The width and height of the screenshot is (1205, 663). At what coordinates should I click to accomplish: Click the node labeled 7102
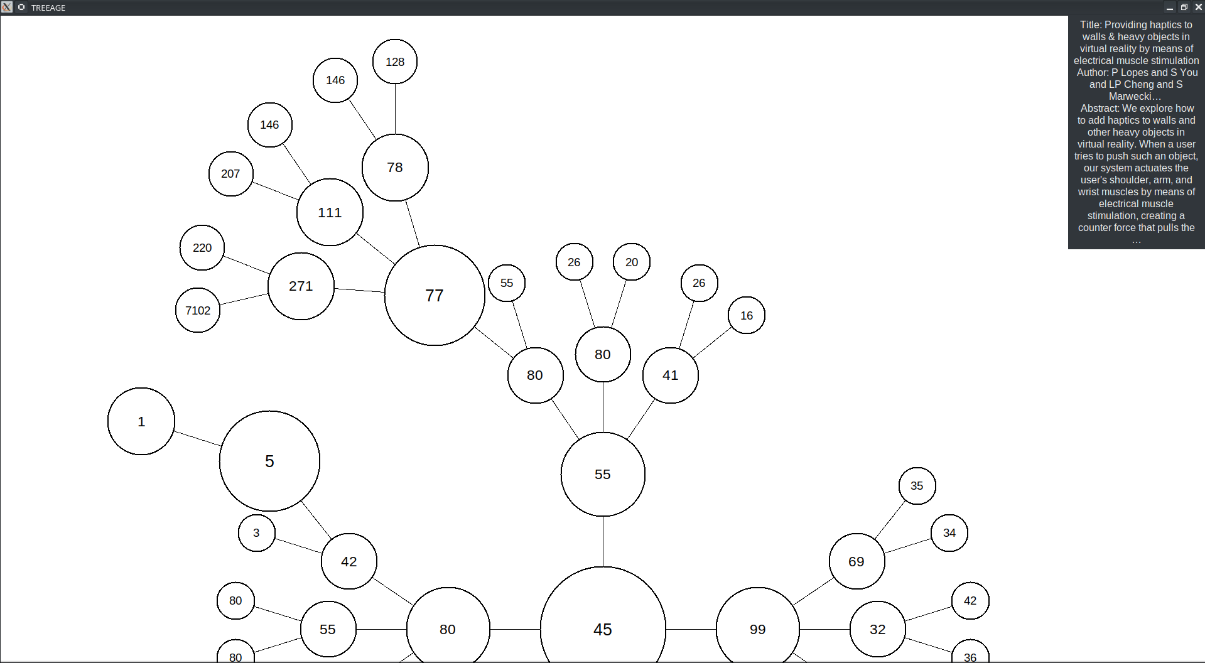(x=198, y=310)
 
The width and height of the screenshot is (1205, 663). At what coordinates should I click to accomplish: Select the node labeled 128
(x=395, y=62)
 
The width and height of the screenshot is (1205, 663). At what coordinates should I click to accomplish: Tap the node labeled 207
(x=230, y=174)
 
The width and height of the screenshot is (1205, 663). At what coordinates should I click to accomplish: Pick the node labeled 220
(x=202, y=248)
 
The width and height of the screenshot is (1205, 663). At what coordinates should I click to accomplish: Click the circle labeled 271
(x=301, y=286)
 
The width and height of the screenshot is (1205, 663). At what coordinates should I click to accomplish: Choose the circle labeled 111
(x=330, y=212)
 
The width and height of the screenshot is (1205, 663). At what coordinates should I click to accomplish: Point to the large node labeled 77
(x=435, y=295)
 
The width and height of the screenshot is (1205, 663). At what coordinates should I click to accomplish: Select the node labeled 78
(x=395, y=168)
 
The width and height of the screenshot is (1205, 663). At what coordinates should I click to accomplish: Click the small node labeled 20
(x=632, y=262)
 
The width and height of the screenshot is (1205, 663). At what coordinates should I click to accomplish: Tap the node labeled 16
(x=747, y=315)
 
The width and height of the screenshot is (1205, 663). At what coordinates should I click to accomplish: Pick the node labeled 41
(x=671, y=375)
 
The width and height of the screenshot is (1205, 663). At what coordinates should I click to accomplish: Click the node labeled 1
(x=141, y=421)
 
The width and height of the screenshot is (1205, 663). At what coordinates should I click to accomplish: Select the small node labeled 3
(x=256, y=533)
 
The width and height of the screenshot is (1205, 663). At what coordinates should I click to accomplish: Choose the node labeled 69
(x=856, y=561)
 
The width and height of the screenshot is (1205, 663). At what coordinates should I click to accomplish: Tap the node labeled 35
(x=917, y=486)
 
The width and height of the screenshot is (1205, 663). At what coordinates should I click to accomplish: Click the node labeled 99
(x=758, y=629)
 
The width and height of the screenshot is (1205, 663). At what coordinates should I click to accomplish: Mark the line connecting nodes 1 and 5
(x=197, y=438)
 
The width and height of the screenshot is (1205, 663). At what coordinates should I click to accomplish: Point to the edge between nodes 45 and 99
(x=691, y=629)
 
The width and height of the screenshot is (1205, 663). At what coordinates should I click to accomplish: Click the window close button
(x=1198, y=8)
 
